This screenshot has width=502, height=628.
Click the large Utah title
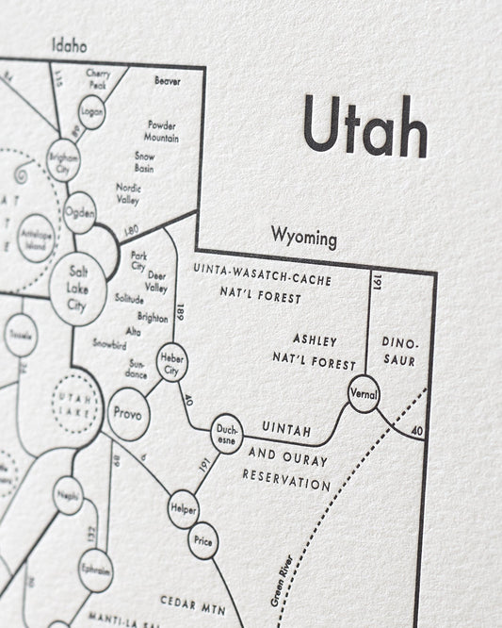[367, 129]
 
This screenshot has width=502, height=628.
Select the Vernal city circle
[363, 392]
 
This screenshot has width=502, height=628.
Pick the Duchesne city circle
[225, 433]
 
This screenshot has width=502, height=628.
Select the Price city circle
[202, 541]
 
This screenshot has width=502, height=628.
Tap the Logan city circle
[91, 111]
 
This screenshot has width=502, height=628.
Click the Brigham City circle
[62, 160]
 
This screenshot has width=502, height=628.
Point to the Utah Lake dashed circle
[75, 397]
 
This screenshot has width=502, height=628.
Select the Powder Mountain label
[162, 131]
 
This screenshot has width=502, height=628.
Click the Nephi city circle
[68, 495]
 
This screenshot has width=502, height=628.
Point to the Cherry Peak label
[99, 79]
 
